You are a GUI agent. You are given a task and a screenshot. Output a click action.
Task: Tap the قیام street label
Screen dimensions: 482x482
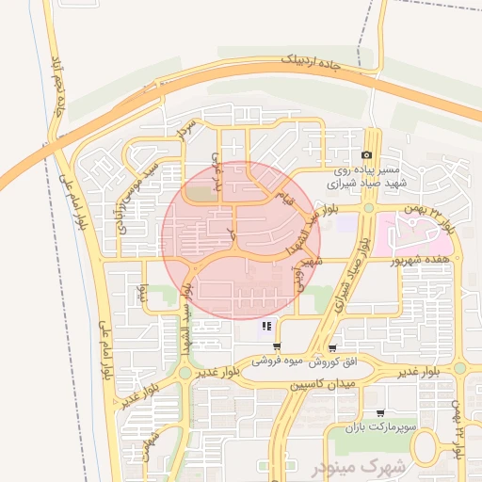click(286, 197)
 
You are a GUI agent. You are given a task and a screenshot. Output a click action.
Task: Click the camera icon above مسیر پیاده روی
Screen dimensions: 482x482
click(366, 155)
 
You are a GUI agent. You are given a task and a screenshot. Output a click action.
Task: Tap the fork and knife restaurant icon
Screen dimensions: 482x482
click(267, 327)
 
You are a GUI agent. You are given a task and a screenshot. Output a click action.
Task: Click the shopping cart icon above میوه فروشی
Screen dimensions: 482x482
click(276, 347)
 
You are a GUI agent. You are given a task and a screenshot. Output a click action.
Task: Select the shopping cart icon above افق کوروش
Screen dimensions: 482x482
click(332, 347)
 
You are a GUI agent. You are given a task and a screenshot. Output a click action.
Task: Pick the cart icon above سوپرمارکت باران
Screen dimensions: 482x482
click(379, 413)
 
